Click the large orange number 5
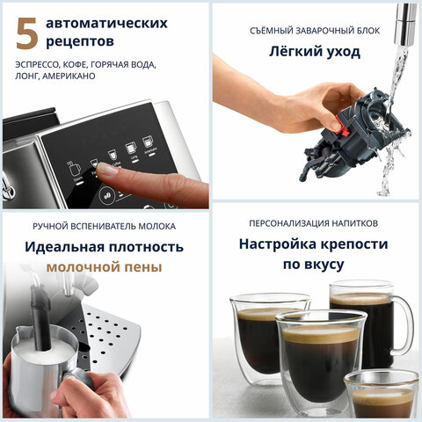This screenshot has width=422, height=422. (27, 33)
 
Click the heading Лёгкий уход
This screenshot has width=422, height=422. (316, 52)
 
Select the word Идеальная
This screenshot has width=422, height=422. (64, 246)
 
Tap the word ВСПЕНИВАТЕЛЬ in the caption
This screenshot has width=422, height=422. (99, 224)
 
